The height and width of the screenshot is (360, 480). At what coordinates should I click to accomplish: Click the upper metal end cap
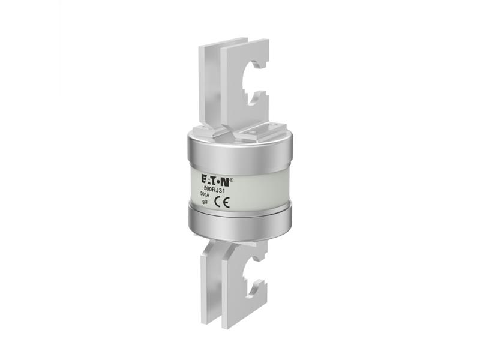240,150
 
